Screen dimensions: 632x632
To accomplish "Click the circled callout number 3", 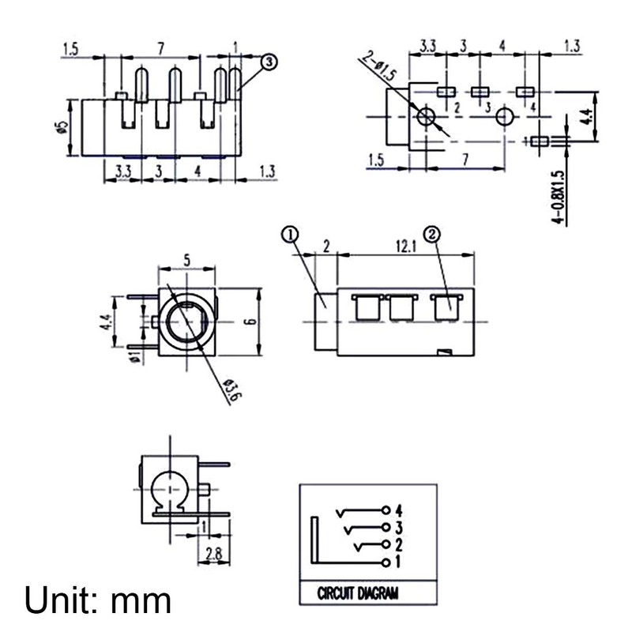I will click(269, 61).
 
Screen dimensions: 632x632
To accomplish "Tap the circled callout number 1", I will click(290, 235).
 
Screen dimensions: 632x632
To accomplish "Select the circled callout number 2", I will click(432, 235).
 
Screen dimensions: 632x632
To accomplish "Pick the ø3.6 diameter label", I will click(229, 389).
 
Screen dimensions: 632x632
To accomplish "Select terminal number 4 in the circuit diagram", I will click(399, 509).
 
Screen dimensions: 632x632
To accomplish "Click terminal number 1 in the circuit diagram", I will click(399, 562).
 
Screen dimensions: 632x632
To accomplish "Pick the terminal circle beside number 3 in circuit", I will click(386, 527).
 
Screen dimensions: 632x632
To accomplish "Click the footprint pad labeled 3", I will click(480, 92).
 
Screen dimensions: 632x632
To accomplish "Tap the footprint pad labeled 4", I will click(525, 92).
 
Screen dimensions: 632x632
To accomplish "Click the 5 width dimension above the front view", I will click(186, 259).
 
